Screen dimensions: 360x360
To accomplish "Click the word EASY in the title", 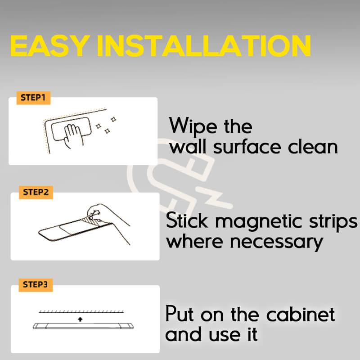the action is point(49,45).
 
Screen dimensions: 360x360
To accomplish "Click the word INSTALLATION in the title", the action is point(204,45).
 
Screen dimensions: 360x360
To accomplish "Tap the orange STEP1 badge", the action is point(33,98).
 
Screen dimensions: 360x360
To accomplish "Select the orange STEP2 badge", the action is point(36,192).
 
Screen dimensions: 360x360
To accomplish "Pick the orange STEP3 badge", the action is point(36,285).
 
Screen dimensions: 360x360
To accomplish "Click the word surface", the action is point(247,147).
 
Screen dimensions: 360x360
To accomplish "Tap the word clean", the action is point(313,147).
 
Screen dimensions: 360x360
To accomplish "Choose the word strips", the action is point(333,222).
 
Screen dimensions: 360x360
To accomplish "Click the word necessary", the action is point(276,243).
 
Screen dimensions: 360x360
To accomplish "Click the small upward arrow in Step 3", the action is point(80,319).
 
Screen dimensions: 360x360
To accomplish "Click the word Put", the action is point(179,313).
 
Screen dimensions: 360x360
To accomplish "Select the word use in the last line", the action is point(225,335).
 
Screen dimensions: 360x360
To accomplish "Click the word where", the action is point(195,241).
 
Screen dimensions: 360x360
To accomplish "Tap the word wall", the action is point(188,147).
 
